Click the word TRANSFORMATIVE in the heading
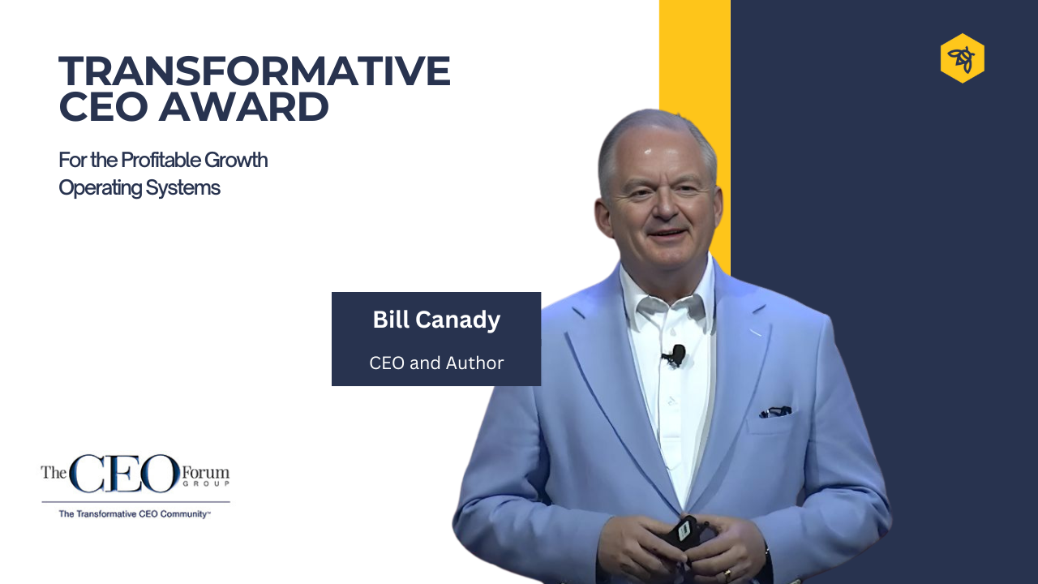255,71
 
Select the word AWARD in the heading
244,107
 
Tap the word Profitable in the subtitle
161,161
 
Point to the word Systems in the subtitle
183,188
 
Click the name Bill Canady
436,320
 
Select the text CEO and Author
436,363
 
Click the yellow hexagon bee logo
963,58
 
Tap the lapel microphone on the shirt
676,355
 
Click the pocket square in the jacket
774,411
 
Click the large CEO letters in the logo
125,473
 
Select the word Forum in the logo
205,473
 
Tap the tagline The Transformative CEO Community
135,514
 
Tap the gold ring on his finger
727,575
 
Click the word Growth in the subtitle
236,161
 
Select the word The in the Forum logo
54,472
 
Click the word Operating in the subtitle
101,188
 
